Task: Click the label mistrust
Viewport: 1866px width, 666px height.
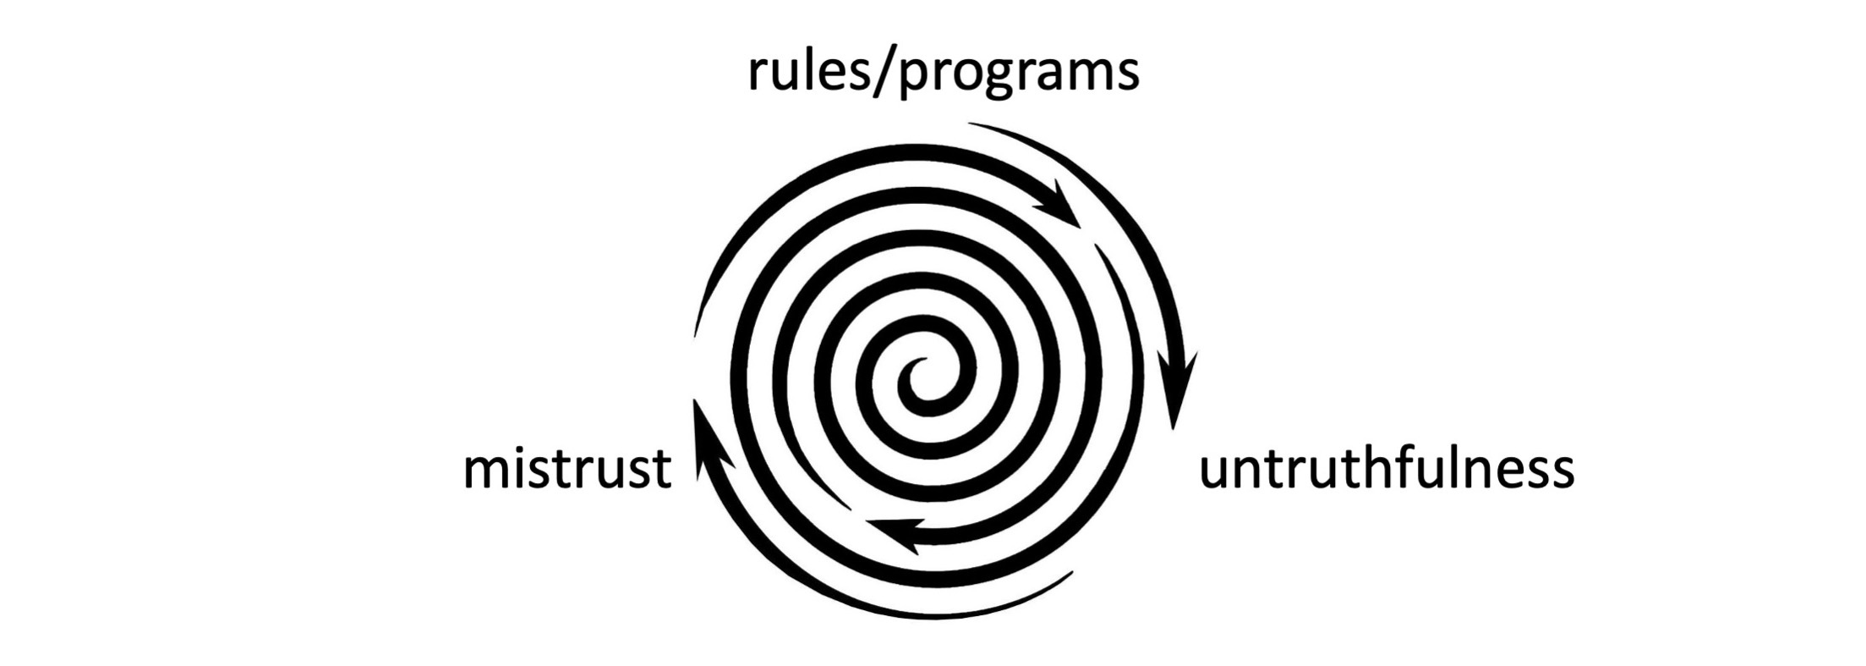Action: tap(567, 470)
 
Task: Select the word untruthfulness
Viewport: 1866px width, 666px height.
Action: tap(1387, 470)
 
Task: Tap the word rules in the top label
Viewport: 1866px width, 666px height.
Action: tap(802, 71)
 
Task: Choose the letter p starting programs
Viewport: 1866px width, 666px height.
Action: tap(915, 78)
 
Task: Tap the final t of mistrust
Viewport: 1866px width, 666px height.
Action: tap(662, 470)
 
